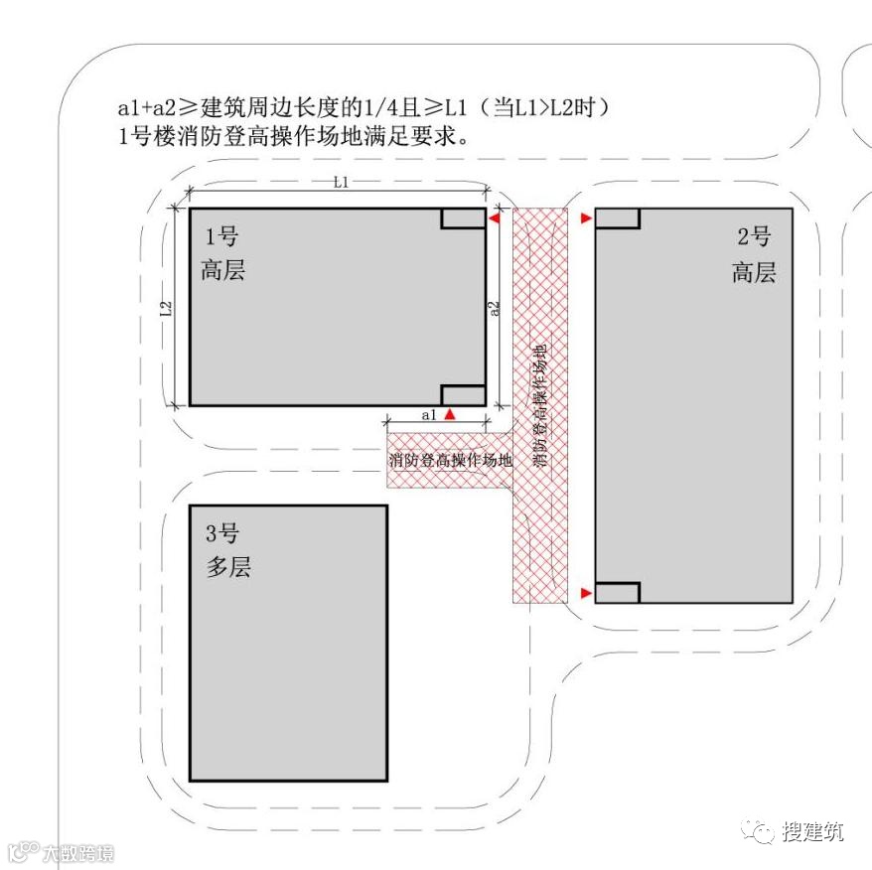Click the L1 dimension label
pyautogui.click(x=340, y=182)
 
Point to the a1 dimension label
pyautogui.click(x=429, y=415)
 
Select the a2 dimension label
pyautogui.click(x=496, y=309)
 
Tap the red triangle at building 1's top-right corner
pyautogui.click(x=494, y=218)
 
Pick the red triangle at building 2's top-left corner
pyautogui.click(x=587, y=218)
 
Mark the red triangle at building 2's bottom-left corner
pyautogui.click(x=587, y=593)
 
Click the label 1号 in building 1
pyautogui.click(x=221, y=237)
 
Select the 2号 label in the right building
pyautogui.click(x=754, y=237)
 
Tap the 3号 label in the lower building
pyautogui.click(x=221, y=534)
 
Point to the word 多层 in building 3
pyautogui.click(x=227, y=567)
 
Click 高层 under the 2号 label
pyautogui.click(x=754, y=271)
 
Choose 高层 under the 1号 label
pyautogui.click(x=222, y=270)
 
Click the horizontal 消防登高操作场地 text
pyautogui.click(x=450, y=461)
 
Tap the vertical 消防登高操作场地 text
pyautogui.click(x=540, y=406)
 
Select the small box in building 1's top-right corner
pyautogui.click(x=463, y=218)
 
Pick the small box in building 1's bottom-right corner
pyautogui.click(x=463, y=394)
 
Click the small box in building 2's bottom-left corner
pyautogui.click(x=617, y=593)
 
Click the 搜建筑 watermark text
pyautogui.click(x=811, y=831)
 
